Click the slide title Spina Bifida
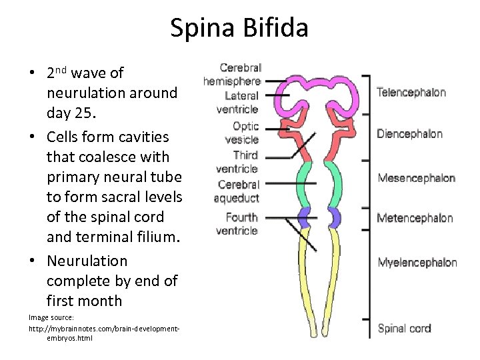pyautogui.click(x=239, y=28)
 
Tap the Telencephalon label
pyautogui.click(x=411, y=93)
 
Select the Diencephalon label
pyautogui.click(x=409, y=134)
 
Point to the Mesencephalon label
pyautogui.click(x=416, y=178)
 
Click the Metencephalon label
pyautogui.click(x=415, y=218)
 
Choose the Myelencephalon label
pyautogui.click(x=417, y=262)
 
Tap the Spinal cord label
pyautogui.click(x=404, y=328)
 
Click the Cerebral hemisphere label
pyautogui.click(x=232, y=74)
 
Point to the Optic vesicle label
pyautogui.click(x=242, y=133)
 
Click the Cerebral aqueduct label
pyautogui.click(x=237, y=191)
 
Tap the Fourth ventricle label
pyautogui.click(x=237, y=224)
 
